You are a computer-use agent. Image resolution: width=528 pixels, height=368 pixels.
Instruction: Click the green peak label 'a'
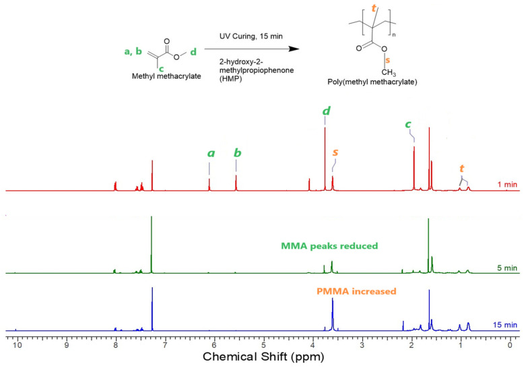tap(211, 153)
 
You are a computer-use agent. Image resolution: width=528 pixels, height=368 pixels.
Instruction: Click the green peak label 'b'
tap(237, 152)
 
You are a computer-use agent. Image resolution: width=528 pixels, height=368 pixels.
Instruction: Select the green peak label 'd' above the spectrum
tap(325, 111)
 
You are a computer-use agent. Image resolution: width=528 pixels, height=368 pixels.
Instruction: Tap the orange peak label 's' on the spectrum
tap(335, 152)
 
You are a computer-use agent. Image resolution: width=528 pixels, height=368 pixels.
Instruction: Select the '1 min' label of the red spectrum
tap(506, 183)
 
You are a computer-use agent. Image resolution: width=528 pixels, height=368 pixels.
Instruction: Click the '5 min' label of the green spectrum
tap(506, 268)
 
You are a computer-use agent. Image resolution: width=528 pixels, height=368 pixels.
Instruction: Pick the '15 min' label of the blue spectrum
tap(504, 324)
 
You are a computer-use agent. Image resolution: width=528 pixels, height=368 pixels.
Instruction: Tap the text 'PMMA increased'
tap(356, 292)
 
